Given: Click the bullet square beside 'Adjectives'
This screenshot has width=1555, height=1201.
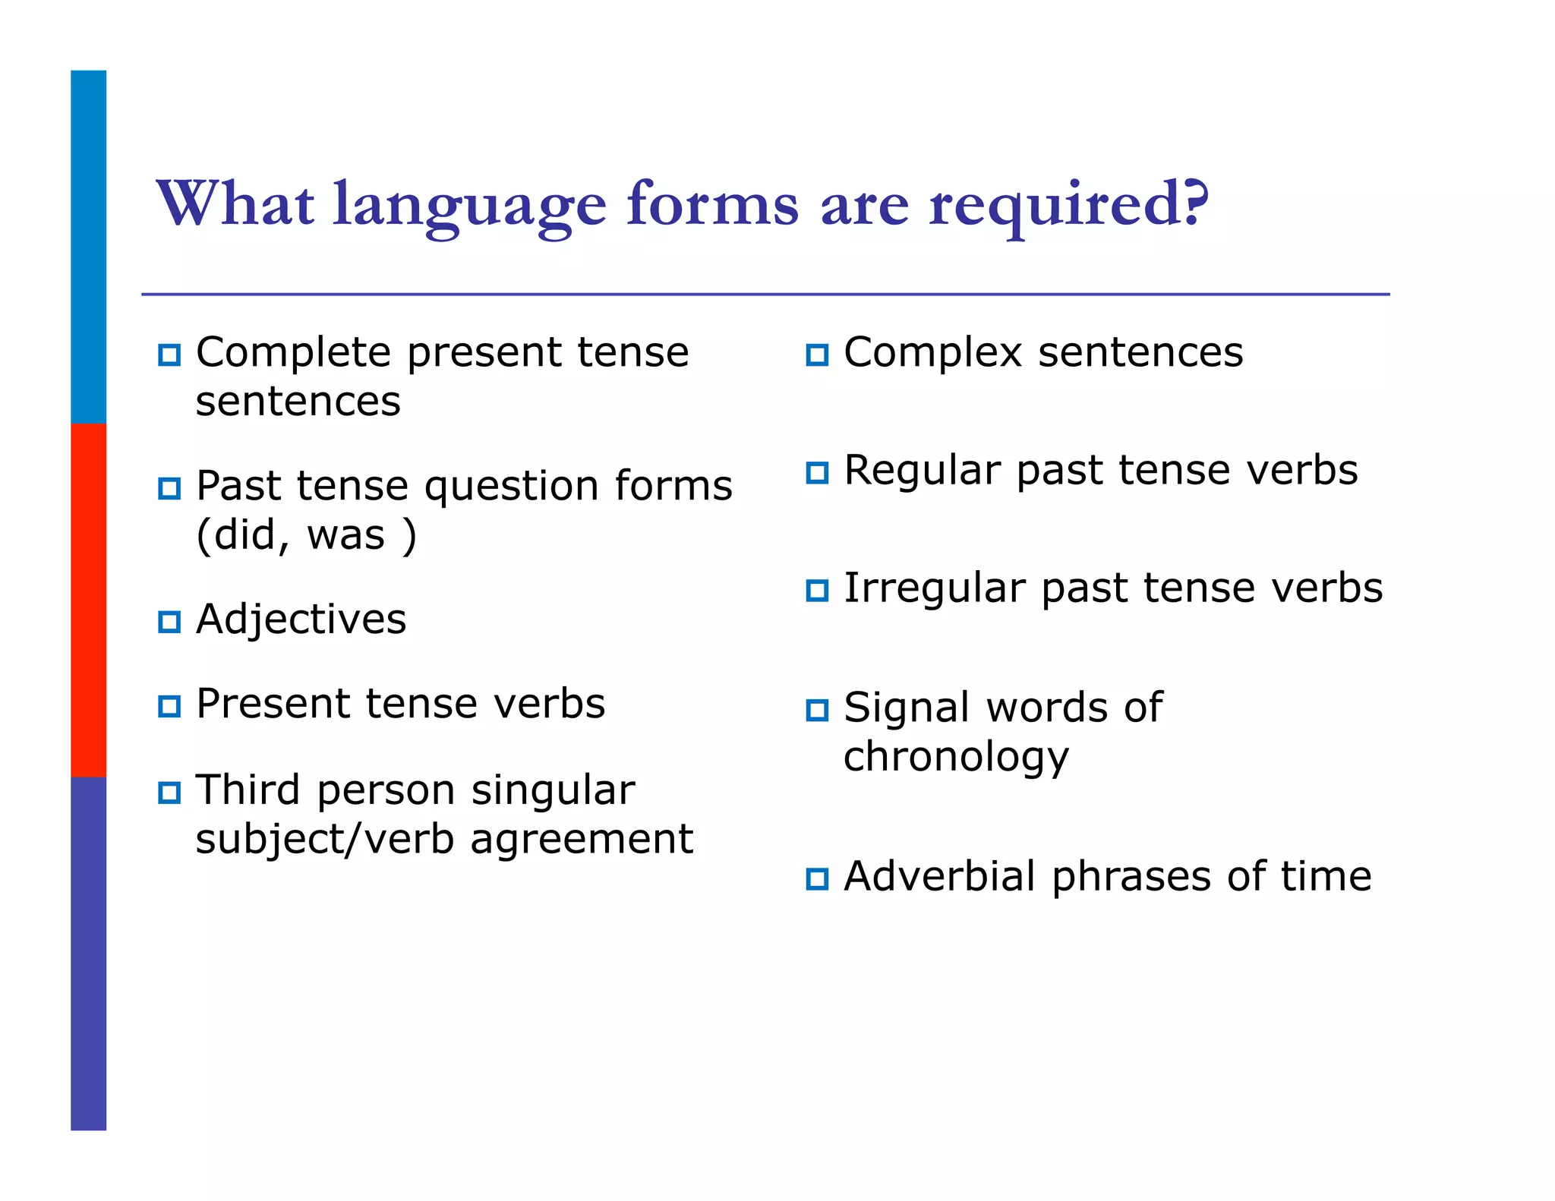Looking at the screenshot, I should tap(169, 622).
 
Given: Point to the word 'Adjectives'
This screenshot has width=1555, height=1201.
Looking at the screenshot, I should tap(301, 619).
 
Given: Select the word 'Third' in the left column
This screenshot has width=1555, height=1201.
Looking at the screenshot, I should tap(248, 790).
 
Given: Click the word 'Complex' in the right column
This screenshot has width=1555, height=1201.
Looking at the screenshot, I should tap(933, 352).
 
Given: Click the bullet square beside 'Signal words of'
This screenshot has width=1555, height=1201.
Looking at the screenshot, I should tap(817, 710).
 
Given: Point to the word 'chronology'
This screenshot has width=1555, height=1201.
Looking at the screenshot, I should tap(956, 758).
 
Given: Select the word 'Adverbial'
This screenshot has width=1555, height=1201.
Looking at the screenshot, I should tap(939, 876).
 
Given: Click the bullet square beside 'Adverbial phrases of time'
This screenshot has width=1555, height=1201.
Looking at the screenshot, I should tap(817, 879).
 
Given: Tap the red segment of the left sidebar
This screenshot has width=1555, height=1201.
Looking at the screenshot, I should tap(88, 600).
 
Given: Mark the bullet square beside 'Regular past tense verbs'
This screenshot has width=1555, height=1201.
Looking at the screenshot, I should tap(817, 473).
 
